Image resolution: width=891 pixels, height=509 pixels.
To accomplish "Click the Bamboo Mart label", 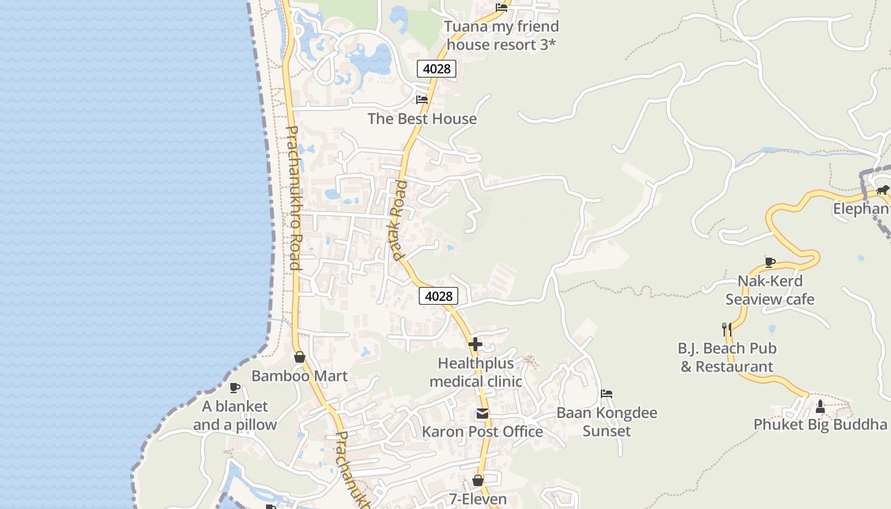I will (x=299, y=376).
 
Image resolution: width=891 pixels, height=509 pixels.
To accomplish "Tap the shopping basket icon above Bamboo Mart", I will (x=300, y=357).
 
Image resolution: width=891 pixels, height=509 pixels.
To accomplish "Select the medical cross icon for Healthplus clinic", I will (x=475, y=344).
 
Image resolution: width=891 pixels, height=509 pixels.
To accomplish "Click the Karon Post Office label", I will (x=482, y=432).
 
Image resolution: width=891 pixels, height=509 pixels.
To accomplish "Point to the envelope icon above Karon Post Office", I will (x=482, y=414).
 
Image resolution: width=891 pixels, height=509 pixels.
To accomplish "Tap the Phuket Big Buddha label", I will (x=820, y=424).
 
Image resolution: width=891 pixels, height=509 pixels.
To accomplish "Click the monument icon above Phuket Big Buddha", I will (x=820, y=406).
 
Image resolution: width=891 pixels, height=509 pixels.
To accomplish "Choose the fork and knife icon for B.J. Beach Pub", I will (x=727, y=329).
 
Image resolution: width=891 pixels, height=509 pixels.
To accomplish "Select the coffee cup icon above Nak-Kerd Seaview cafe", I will (x=769, y=262).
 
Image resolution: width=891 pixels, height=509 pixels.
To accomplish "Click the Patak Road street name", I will (x=399, y=220).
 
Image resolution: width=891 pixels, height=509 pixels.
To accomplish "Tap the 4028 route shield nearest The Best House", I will (x=437, y=68).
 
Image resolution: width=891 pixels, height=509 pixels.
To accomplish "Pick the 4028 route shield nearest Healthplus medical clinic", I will (x=438, y=296).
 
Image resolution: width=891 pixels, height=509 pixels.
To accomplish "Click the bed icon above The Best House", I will (x=421, y=99).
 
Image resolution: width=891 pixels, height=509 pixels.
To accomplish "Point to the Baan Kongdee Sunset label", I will (x=607, y=422).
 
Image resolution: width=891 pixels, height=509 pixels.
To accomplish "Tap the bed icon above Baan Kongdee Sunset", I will (x=607, y=394).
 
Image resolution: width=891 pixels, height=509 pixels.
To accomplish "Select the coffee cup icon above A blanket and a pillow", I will (x=235, y=387).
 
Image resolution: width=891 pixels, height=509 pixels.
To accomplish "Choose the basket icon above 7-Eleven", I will (x=478, y=480).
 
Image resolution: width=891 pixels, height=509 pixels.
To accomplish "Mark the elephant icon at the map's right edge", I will (x=882, y=190).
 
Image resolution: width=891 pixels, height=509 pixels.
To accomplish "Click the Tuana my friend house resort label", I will (x=502, y=36).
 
